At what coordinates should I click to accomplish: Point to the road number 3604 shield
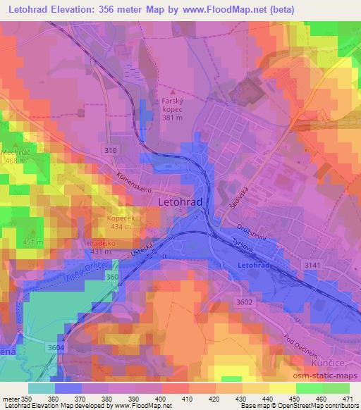click(55, 348)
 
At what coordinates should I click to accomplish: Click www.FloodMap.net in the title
click(221, 9)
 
